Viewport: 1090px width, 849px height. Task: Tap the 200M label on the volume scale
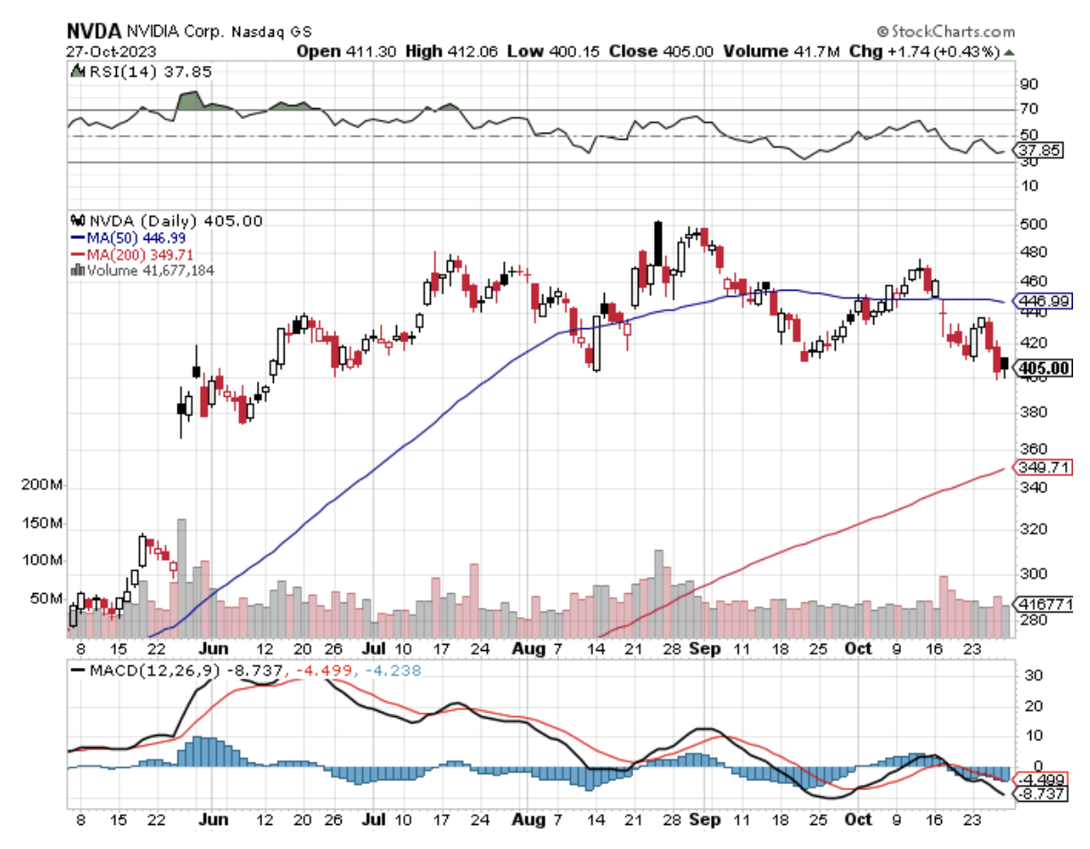tap(42, 487)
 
